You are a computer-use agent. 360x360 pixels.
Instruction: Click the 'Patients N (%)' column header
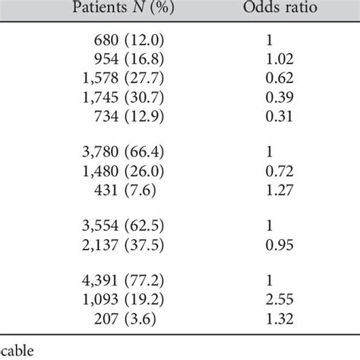point(123,7)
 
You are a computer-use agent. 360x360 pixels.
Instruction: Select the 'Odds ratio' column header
point(280,7)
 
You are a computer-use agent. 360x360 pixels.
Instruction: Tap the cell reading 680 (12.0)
point(129,40)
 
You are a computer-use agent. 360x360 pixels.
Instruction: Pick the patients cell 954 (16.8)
point(129,59)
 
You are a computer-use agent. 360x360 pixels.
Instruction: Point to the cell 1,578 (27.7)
point(123,78)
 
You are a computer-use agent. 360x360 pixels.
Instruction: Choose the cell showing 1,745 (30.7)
point(123,97)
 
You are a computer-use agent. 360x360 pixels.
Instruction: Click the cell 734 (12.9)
point(129,116)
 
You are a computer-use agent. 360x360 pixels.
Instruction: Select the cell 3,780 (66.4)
point(123,152)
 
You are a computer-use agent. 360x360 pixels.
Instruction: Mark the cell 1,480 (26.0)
point(123,171)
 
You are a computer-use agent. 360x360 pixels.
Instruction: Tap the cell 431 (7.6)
point(125,190)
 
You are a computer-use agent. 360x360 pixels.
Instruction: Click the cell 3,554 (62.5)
point(123,226)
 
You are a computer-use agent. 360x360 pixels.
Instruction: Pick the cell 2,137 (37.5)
point(123,245)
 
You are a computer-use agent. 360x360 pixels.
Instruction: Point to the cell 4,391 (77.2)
point(123,280)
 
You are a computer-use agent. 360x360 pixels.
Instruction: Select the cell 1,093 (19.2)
point(123,299)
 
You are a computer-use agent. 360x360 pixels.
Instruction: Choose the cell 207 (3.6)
point(125,319)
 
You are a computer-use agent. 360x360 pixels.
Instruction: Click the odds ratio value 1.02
point(279,59)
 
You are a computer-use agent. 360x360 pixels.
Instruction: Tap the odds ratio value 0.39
point(279,97)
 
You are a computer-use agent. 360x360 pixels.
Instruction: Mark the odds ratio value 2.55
point(279,299)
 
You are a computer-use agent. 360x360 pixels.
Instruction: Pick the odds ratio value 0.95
point(279,245)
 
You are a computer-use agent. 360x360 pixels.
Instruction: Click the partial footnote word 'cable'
point(17,351)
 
